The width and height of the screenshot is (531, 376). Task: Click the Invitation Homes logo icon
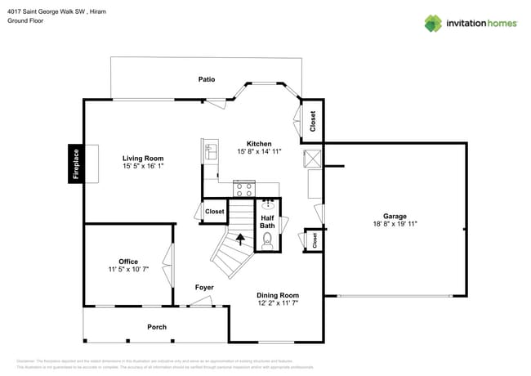tap(432, 23)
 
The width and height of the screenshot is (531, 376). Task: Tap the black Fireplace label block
tap(76, 163)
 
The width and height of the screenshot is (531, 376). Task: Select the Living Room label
tap(143, 159)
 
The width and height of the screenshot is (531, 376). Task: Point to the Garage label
tap(395, 216)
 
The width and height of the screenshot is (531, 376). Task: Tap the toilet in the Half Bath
tap(267, 240)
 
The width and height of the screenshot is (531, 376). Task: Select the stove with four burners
tap(243, 189)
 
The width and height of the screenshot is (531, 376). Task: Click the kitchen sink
tap(211, 150)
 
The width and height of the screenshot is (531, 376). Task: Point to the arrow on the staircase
tap(241, 239)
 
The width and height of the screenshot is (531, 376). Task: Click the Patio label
tap(207, 79)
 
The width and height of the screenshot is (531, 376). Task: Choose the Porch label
tap(157, 327)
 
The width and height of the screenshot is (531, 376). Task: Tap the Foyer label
tap(204, 287)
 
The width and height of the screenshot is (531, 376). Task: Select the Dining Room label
tap(278, 295)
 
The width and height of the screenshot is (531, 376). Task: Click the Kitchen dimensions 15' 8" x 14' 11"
tap(260, 151)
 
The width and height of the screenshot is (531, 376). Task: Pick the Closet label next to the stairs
tap(214, 211)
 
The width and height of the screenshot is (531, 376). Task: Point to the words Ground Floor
tap(25, 21)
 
